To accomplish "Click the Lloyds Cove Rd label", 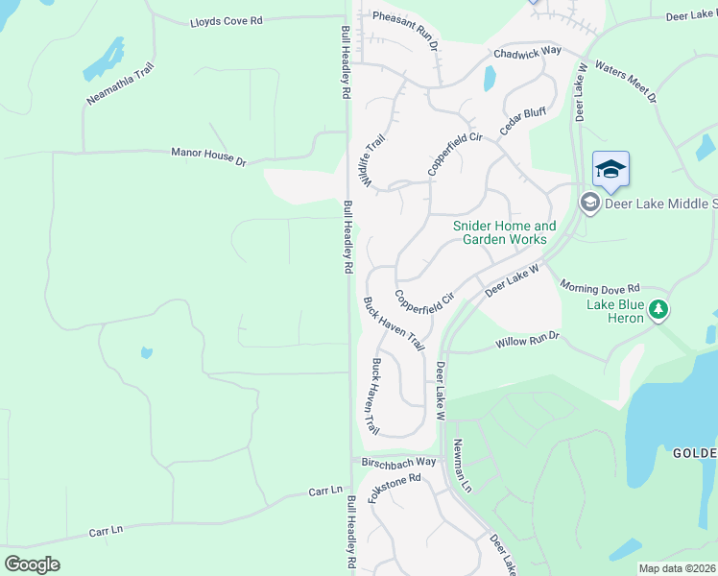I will pos(227,21).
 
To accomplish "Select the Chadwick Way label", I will pos(527,53).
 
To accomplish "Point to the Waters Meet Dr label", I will pos(626,82).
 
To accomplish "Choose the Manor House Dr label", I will pos(208,156).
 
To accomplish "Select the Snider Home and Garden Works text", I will pos(504,232).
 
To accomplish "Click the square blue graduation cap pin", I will pos(610,170).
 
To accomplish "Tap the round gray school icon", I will pos(589,203).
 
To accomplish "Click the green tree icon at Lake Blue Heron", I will pos(658,309).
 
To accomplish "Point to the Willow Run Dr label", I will pos(527,341).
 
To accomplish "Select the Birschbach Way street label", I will pos(399,462).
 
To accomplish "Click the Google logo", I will pos(32,564).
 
